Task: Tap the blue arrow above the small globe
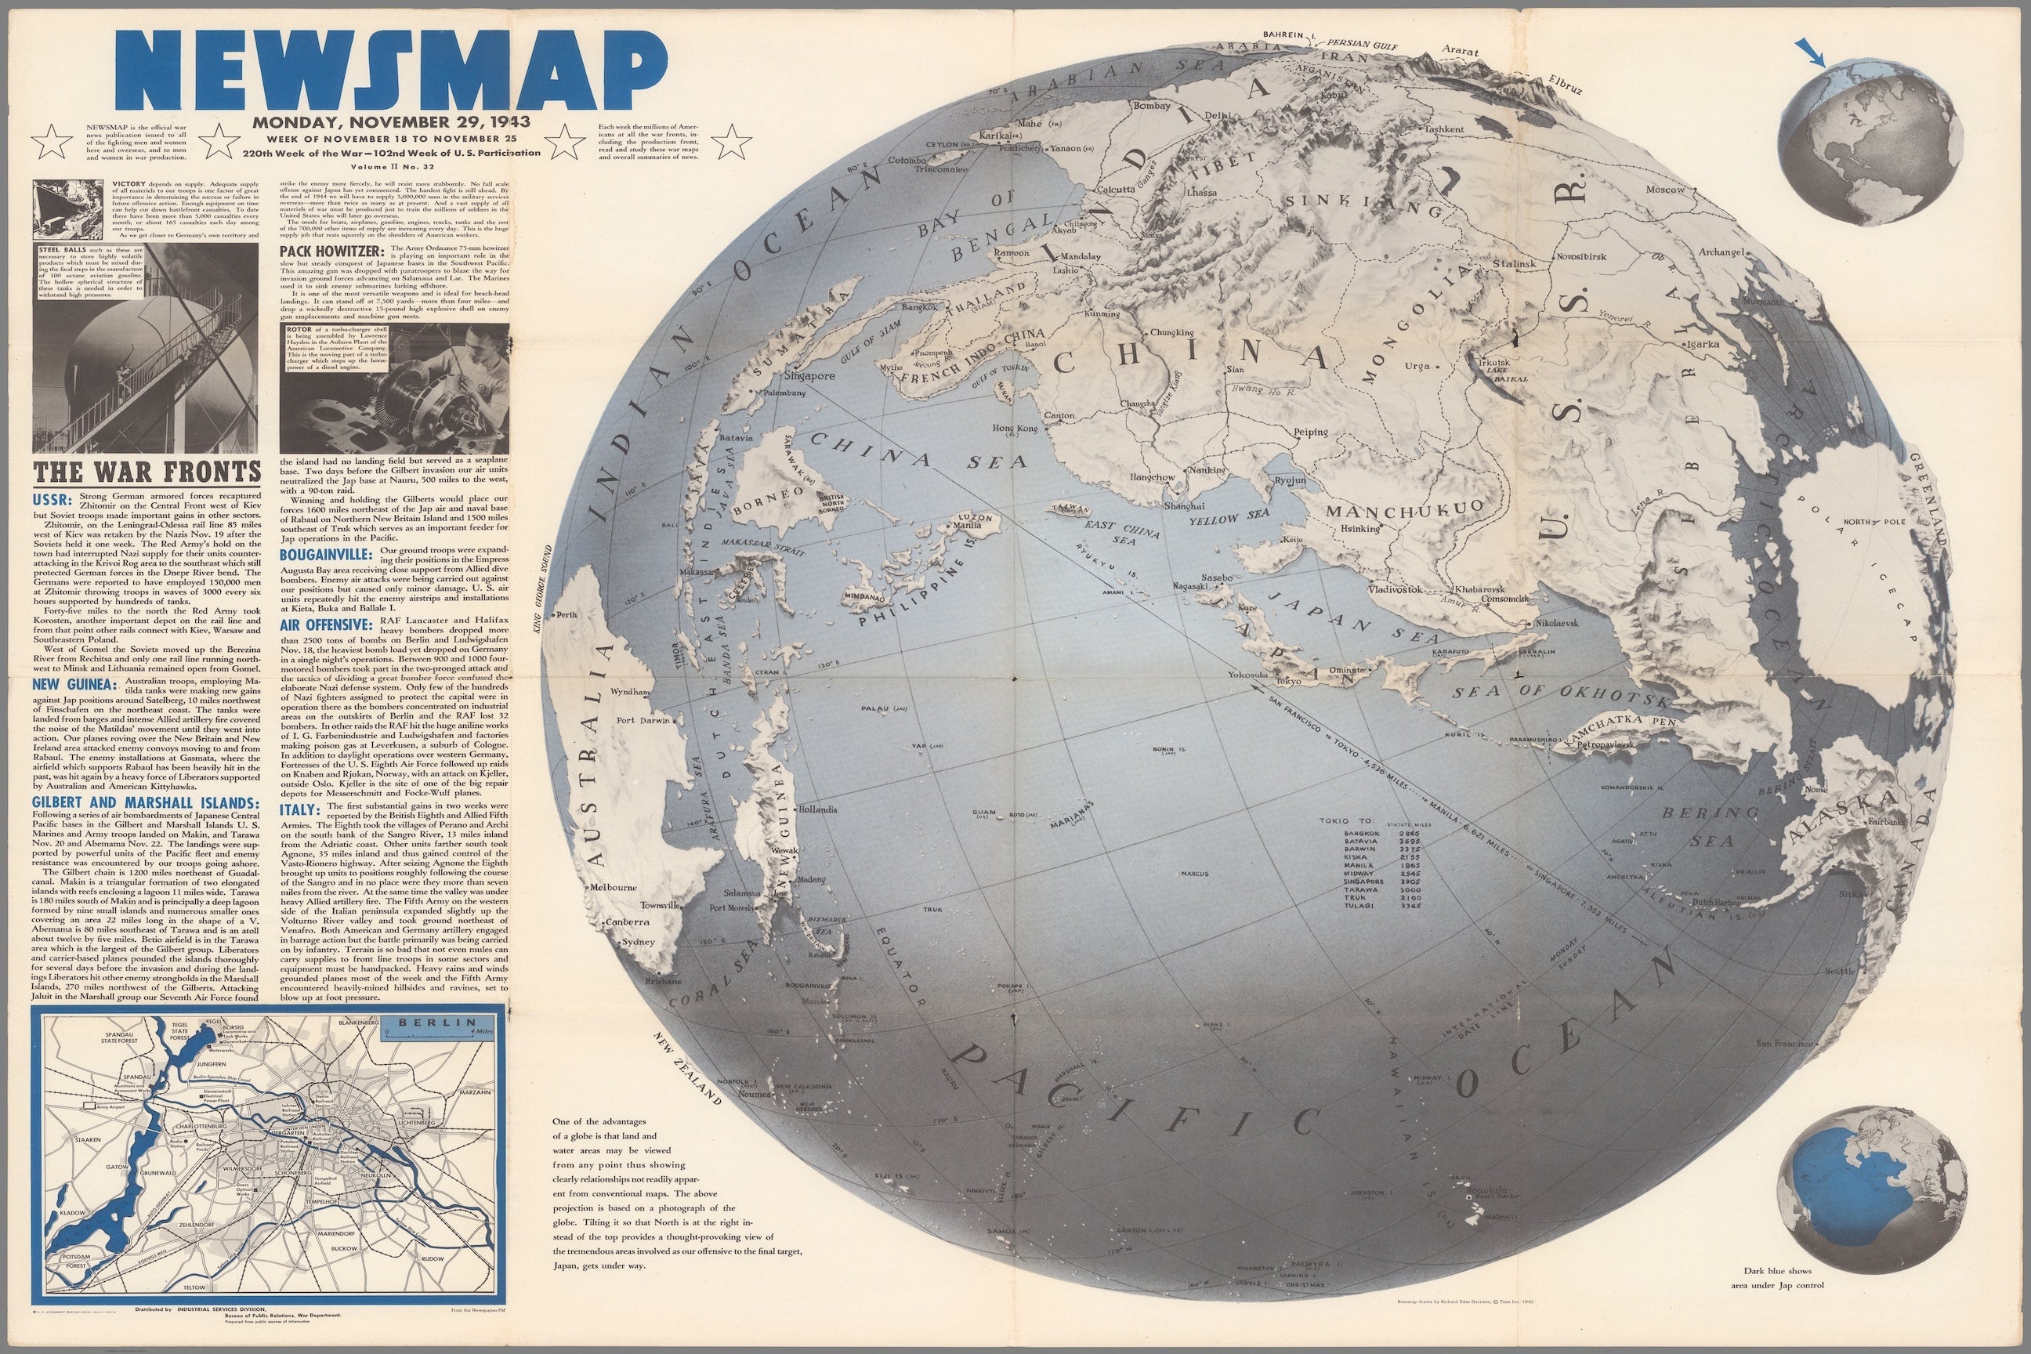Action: coord(1811,52)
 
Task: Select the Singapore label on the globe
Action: coord(810,376)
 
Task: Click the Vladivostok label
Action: coord(1395,590)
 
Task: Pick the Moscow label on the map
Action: coord(1665,189)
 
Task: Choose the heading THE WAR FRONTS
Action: coord(147,472)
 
